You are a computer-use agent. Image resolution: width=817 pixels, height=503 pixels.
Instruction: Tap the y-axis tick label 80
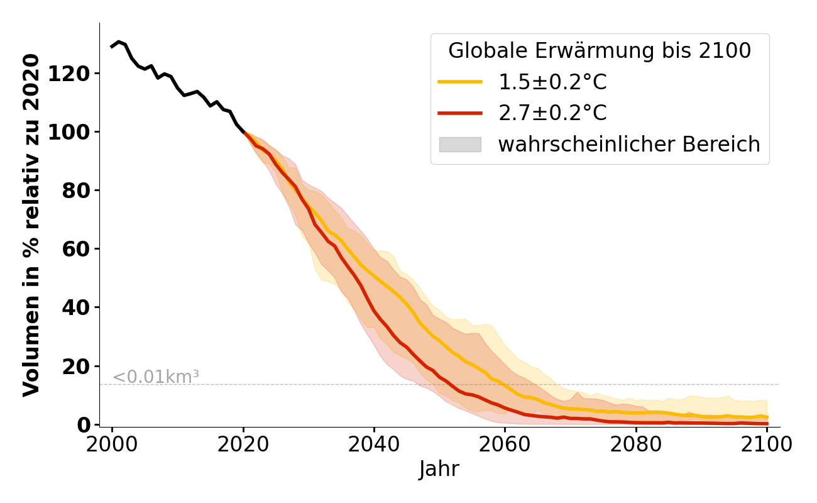pyautogui.click(x=83, y=191)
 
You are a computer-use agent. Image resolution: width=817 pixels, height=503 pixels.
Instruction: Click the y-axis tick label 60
pyautogui.click(x=83, y=249)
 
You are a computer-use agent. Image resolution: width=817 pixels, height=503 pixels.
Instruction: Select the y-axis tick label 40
pyautogui.click(x=83, y=307)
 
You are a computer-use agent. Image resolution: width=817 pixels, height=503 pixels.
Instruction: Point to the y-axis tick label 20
pyautogui.click(x=83, y=366)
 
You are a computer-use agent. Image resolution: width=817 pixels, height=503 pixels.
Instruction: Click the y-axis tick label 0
pyautogui.click(x=89, y=424)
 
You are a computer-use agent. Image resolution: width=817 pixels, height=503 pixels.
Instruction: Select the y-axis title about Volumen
pyautogui.click(x=31, y=225)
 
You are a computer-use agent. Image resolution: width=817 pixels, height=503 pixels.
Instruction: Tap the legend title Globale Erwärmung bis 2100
pyautogui.click(x=600, y=51)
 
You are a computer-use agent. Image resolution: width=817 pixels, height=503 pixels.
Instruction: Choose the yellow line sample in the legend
pyautogui.click(x=460, y=82)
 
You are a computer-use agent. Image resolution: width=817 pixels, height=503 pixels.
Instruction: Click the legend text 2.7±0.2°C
pyautogui.click(x=552, y=113)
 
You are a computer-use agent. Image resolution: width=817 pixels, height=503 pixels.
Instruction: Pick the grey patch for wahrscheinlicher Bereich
pyautogui.click(x=460, y=145)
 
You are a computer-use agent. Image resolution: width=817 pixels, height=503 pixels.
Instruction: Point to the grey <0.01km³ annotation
pyautogui.click(x=156, y=377)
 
